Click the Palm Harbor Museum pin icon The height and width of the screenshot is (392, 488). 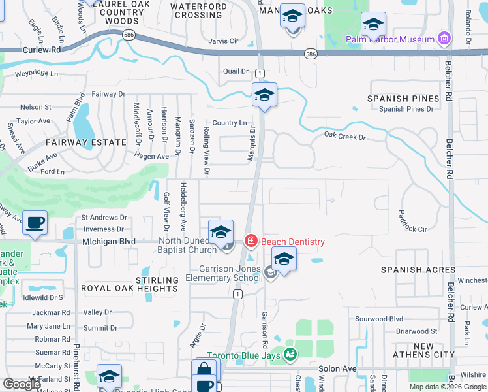(445, 39)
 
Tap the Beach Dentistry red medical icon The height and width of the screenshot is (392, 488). (250, 242)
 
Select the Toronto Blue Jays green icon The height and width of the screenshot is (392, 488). (290, 355)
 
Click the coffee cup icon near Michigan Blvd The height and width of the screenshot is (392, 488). (35, 223)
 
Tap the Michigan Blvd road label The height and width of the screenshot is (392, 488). (109, 242)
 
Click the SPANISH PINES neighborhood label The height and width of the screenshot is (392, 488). (403, 99)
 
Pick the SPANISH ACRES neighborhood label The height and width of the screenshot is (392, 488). (418, 270)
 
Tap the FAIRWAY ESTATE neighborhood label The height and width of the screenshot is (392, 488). (76, 142)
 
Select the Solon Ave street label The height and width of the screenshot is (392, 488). (337, 368)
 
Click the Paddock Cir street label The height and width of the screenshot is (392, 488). (412, 229)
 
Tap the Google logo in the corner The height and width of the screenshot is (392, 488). (22, 384)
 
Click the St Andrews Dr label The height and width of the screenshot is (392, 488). (104, 217)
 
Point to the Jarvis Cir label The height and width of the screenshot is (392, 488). (224, 41)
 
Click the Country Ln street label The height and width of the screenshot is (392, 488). (229, 123)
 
